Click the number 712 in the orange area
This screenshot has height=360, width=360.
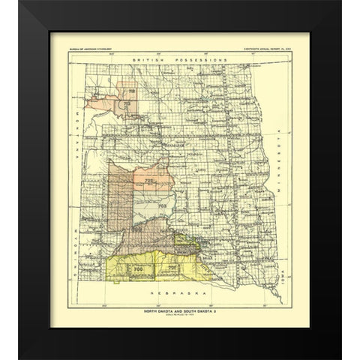pyautogui.click(x=133, y=93)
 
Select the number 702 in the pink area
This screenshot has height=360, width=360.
pyautogui.click(x=149, y=179)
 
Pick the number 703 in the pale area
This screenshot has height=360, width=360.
pyautogui.click(x=160, y=203)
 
